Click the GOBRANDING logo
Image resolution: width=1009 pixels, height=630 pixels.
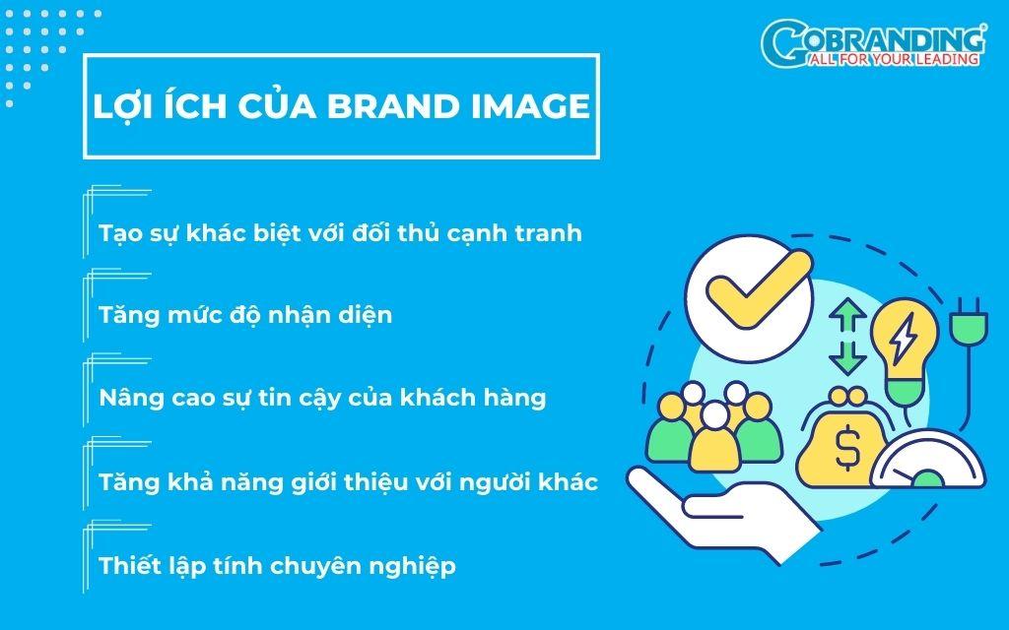[x=873, y=43]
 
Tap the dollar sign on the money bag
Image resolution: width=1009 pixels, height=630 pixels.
[x=847, y=448]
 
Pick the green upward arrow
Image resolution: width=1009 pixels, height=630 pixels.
[x=847, y=316]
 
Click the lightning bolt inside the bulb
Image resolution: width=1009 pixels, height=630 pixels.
[x=905, y=337]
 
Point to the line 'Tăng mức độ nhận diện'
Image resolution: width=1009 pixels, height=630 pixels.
[x=245, y=316]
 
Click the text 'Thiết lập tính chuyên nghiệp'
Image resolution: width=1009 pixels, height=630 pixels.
[x=277, y=566]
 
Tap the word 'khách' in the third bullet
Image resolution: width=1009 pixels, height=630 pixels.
[x=437, y=398]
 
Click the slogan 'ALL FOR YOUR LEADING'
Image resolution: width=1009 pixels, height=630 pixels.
[x=893, y=59]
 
